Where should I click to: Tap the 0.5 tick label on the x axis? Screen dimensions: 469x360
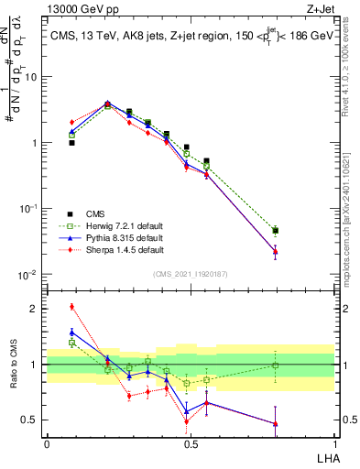click(x=190, y=442)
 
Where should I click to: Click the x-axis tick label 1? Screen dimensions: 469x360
click(x=334, y=442)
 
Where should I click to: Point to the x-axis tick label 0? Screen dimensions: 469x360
click(x=47, y=442)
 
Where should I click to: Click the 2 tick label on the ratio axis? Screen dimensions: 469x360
click(x=33, y=308)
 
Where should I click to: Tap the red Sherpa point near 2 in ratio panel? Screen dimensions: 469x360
click(x=71, y=306)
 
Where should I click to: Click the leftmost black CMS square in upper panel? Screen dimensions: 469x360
click(x=71, y=143)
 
